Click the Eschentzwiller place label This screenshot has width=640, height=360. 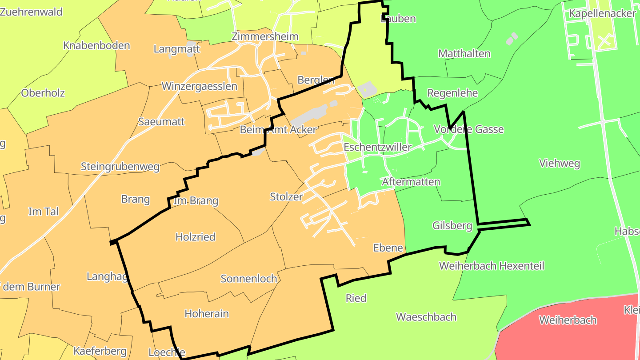pyautogui.click(x=377, y=147)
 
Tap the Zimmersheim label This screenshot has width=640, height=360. pyautogui.click(x=265, y=36)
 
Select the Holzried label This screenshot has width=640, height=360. pyautogui.click(x=196, y=237)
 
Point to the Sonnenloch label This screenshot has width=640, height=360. pyautogui.click(x=249, y=279)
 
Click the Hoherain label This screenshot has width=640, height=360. pyautogui.click(x=207, y=313)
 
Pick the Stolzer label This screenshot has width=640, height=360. pyautogui.click(x=286, y=196)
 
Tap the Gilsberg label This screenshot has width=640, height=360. pyautogui.click(x=452, y=226)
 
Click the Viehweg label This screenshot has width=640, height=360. pyautogui.click(x=560, y=164)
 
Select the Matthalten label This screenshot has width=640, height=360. pyautogui.click(x=464, y=54)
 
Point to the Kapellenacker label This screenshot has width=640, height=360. pyautogui.click(x=602, y=14)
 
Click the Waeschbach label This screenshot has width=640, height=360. pyautogui.click(x=426, y=317)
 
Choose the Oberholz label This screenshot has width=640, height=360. pyautogui.click(x=43, y=93)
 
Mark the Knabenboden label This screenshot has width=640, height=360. pyautogui.click(x=96, y=46)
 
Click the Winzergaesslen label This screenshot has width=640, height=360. pyautogui.click(x=200, y=86)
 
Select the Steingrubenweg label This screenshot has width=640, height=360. pyautogui.click(x=120, y=167)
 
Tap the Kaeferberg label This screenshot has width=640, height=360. pyautogui.click(x=100, y=351)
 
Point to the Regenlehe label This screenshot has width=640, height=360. pyautogui.click(x=452, y=93)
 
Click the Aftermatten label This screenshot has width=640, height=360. pyautogui.click(x=411, y=182)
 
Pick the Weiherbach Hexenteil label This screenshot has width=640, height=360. pyautogui.click(x=492, y=266)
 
